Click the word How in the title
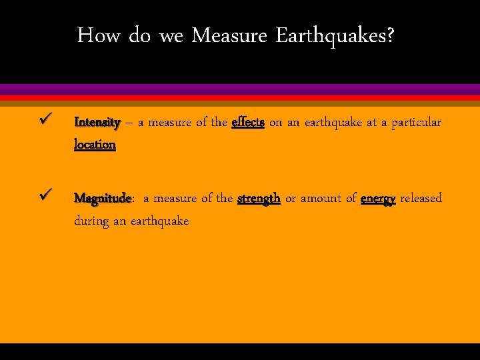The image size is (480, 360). (x=99, y=35)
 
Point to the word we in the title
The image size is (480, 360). (x=171, y=35)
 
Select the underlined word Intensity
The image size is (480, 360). (x=97, y=123)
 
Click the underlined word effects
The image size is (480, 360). (x=248, y=123)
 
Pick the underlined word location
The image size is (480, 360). (x=95, y=145)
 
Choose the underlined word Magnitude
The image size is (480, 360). (x=103, y=199)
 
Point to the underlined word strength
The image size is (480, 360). (x=259, y=199)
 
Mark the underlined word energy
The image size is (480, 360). (x=378, y=199)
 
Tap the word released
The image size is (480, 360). (x=421, y=198)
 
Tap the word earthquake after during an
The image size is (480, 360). (x=160, y=221)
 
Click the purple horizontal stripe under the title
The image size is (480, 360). (x=240, y=89)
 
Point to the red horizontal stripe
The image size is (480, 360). (x=240, y=97)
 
